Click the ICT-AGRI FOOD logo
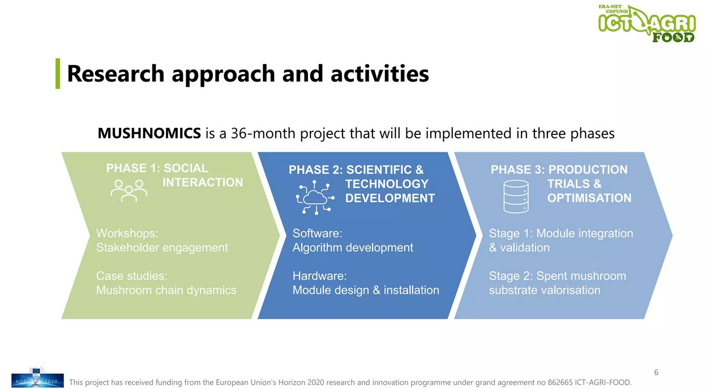tap(647, 24)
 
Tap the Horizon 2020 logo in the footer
tap(37, 378)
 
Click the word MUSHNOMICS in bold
tap(149, 133)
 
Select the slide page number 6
tap(656, 373)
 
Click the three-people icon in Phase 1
tap(129, 191)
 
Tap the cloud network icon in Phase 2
tap(315, 197)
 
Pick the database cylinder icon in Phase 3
tap(516, 196)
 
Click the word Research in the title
tap(116, 74)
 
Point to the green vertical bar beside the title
tap(58, 74)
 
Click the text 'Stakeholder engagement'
tap(162, 248)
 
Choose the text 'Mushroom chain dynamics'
tap(166, 290)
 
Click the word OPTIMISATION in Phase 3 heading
tap(589, 198)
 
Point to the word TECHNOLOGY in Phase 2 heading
tap(387, 184)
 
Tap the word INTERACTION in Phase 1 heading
tap(203, 182)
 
